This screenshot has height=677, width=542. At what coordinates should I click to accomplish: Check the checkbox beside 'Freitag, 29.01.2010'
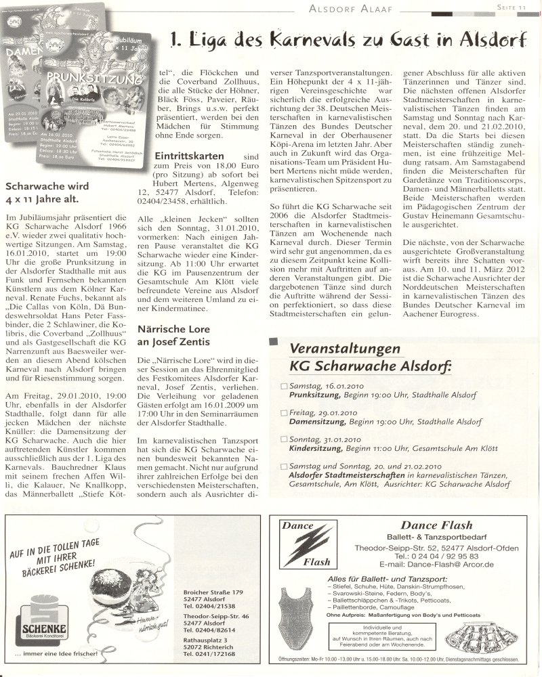click(x=284, y=412)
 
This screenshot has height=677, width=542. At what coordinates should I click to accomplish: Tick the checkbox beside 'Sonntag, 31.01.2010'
click(x=284, y=439)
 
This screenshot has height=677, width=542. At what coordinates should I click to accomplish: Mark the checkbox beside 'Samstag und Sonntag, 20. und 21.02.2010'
click(x=284, y=466)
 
